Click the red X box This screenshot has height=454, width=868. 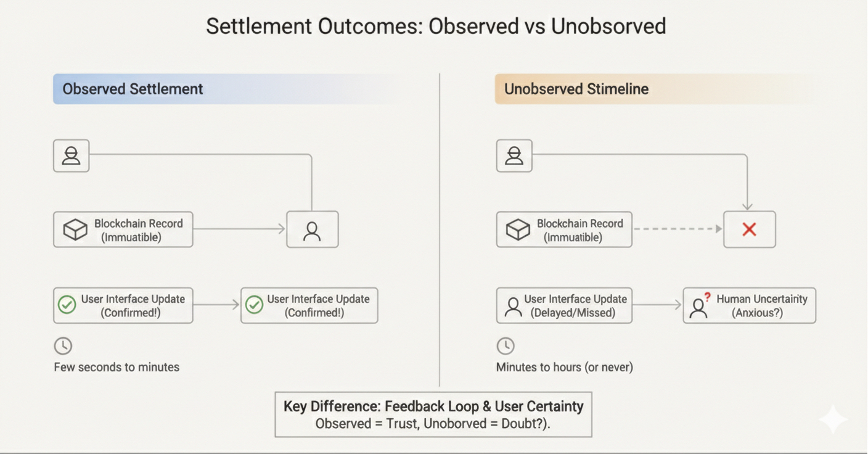(749, 229)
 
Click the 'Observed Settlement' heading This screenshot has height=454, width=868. (133, 89)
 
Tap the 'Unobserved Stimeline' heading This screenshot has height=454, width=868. (576, 89)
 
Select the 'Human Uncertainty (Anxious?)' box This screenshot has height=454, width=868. (749, 305)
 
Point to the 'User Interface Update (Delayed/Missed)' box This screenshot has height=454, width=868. (564, 305)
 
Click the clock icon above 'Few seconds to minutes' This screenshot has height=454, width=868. (63, 346)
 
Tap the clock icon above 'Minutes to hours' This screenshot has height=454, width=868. (506, 346)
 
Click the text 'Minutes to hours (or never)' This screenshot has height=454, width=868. (564, 367)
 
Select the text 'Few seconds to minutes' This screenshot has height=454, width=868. (117, 367)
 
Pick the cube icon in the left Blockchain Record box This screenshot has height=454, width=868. (75, 229)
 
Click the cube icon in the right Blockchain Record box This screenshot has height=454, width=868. (518, 229)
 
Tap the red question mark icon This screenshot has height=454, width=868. (707, 297)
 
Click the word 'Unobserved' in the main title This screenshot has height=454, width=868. (608, 27)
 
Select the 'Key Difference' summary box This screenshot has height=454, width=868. (433, 415)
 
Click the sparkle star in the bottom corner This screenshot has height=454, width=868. (832, 419)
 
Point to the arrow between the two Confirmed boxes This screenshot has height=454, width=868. (216, 304)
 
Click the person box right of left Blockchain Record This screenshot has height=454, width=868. (312, 229)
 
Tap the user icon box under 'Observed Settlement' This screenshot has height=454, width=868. (71, 155)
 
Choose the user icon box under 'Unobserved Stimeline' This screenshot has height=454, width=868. (514, 155)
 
